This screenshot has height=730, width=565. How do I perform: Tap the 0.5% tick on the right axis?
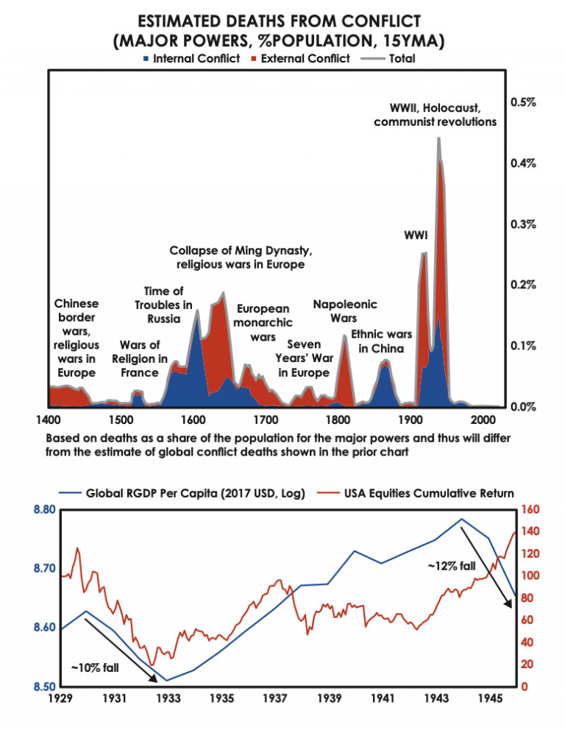click(523, 102)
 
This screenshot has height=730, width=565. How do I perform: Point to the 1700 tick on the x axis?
click(265, 419)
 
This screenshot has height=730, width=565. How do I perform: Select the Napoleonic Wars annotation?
click(344, 311)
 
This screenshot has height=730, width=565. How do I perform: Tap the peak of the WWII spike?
click(438, 138)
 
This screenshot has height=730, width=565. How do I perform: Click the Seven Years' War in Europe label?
click(302, 358)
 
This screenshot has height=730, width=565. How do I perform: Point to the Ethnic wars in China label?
click(381, 341)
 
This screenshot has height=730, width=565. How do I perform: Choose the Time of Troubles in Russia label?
click(163, 305)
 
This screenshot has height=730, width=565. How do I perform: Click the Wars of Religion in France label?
click(140, 358)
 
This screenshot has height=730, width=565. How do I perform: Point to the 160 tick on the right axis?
click(529, 509)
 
